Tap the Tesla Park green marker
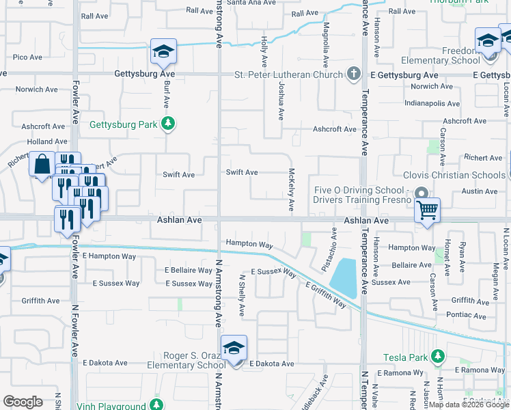pos(438,357)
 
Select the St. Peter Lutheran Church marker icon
pos(353,74)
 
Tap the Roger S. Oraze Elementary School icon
pos(234,348)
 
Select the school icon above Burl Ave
pos(163,51)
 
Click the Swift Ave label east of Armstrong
pos(242,172)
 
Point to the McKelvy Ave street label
pos(291,189)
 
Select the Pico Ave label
pos(27,57)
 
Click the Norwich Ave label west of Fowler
pos(37,90)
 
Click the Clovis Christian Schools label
pos(454,175)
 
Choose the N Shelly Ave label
pos(241,295)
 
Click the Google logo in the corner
pos(23,402)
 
